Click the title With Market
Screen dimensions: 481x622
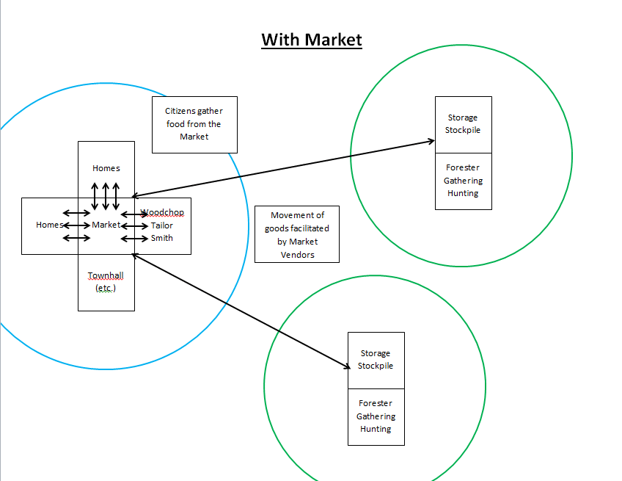(311, 39)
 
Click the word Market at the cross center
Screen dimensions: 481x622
(106, 225)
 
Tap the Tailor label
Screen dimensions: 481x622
(162, 225)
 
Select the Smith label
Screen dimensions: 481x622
(162, 238)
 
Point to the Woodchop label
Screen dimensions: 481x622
(163, 213)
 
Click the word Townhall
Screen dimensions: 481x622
(106, 275)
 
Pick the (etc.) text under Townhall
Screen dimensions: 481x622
(106, 288)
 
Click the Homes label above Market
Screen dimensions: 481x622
(106, 168)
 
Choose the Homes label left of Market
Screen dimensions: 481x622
(49, 225)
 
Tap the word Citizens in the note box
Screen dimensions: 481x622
(180, 111)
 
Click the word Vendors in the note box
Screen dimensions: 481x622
(297, 255)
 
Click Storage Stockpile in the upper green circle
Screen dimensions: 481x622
(463, 124)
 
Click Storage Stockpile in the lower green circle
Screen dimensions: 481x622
(376, 360)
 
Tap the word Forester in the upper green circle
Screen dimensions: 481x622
(463, 168)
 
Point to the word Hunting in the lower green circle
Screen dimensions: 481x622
(376, 429)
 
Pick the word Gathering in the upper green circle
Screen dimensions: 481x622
(463, 181)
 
